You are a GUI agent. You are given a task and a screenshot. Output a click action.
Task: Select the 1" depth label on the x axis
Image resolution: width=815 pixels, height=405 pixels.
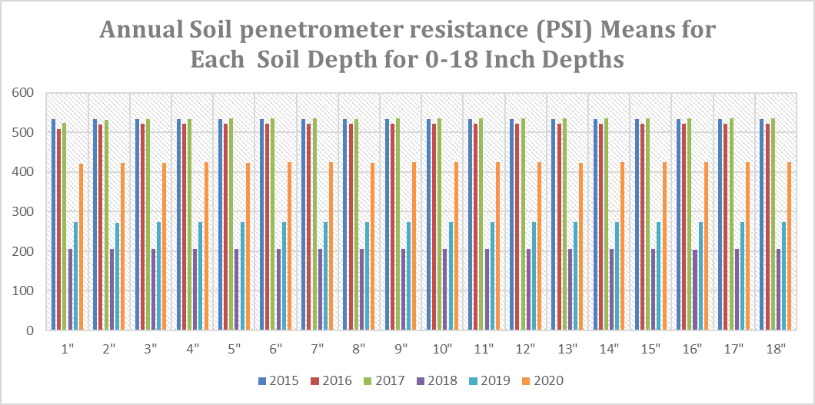pyautogui.click(x=67, y=348)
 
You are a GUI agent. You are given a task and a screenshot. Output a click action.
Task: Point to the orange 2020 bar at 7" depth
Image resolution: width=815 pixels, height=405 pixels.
pyautogui.click(x=331, y=247)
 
